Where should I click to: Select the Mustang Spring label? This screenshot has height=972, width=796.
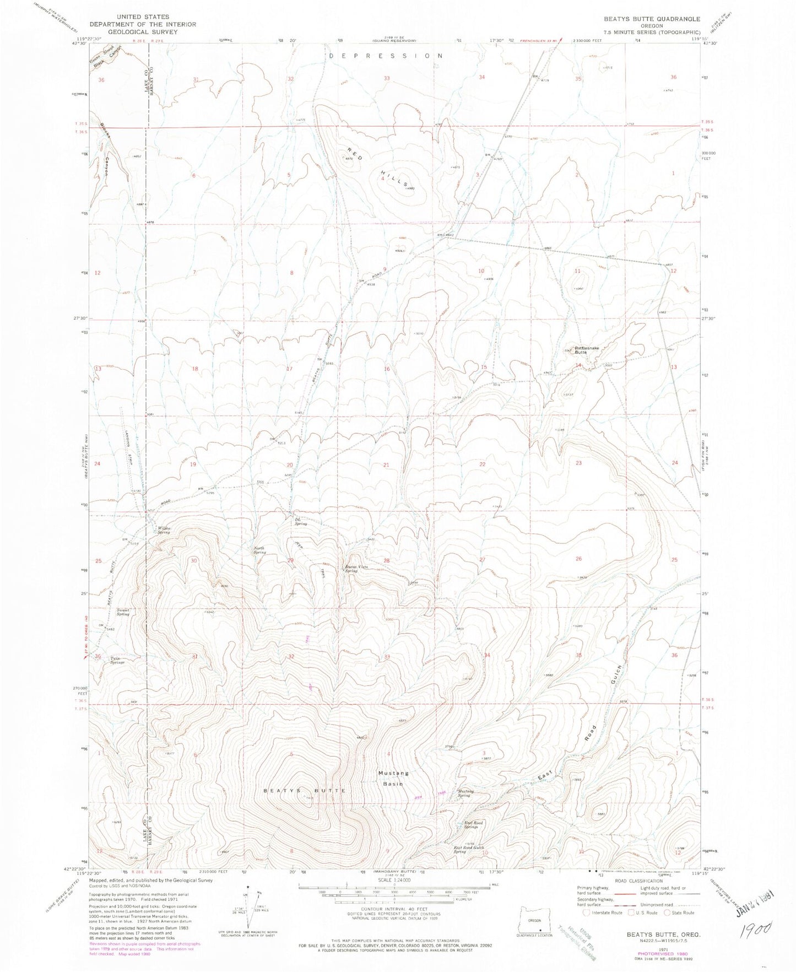point(465,793)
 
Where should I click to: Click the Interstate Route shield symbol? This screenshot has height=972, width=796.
point(587,928)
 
